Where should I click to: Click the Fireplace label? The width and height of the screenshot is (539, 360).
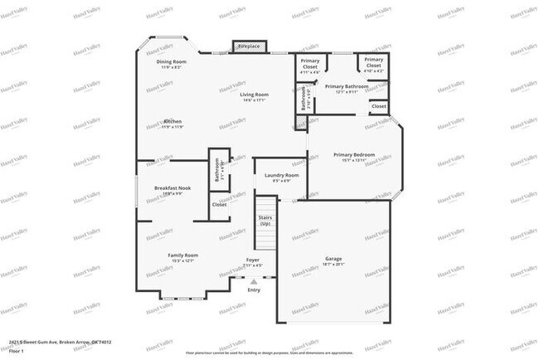[249, 46]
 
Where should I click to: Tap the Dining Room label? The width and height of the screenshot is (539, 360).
[172, 62]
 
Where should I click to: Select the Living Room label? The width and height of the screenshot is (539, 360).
[255, 95]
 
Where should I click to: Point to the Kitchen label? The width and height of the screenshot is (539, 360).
[172, 122]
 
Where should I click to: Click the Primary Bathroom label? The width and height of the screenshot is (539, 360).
[347, 86]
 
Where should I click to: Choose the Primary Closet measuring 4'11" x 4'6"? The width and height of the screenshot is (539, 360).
[310, 63]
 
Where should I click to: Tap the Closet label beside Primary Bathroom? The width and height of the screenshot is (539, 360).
[378, 106]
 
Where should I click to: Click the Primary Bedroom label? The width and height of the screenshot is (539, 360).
[354, 155]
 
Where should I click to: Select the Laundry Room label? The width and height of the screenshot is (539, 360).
[281, 175]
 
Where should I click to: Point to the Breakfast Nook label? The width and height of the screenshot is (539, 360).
[172, 188]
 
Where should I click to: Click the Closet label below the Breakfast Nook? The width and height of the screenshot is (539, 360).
[219, 204]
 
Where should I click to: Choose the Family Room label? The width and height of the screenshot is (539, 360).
[183, 255]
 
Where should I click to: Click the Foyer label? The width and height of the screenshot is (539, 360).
[253, 260]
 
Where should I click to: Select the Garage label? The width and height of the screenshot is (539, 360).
[333, 258]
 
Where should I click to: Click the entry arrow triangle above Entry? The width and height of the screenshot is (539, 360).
[254, 282]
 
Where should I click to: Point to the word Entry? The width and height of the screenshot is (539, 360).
[254, 290]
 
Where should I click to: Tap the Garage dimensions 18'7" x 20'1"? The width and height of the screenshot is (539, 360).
[333, 265]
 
